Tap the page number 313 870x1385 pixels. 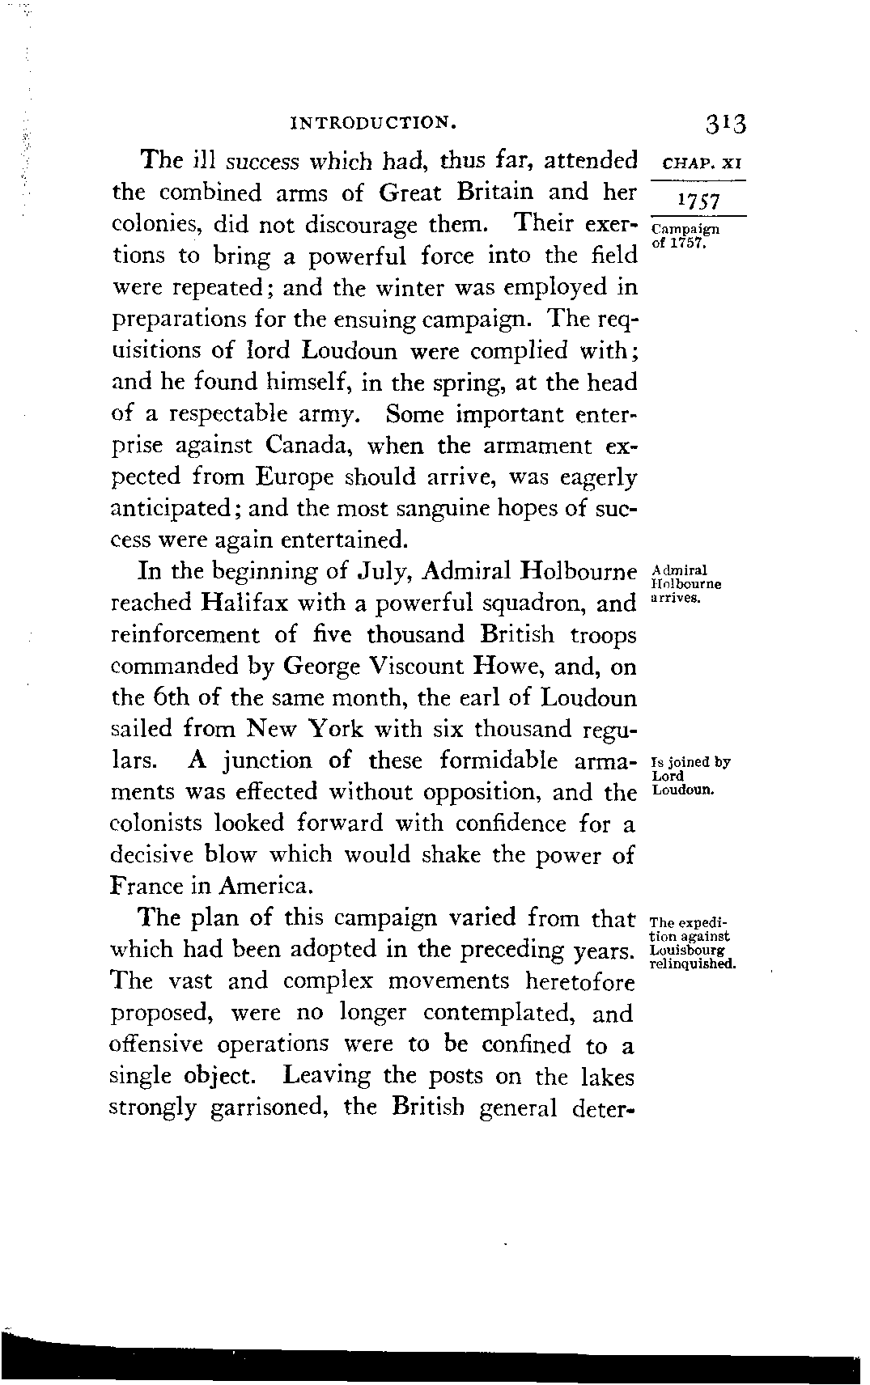click(725, 124)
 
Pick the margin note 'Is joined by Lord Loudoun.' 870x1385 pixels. click(690, 775)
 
